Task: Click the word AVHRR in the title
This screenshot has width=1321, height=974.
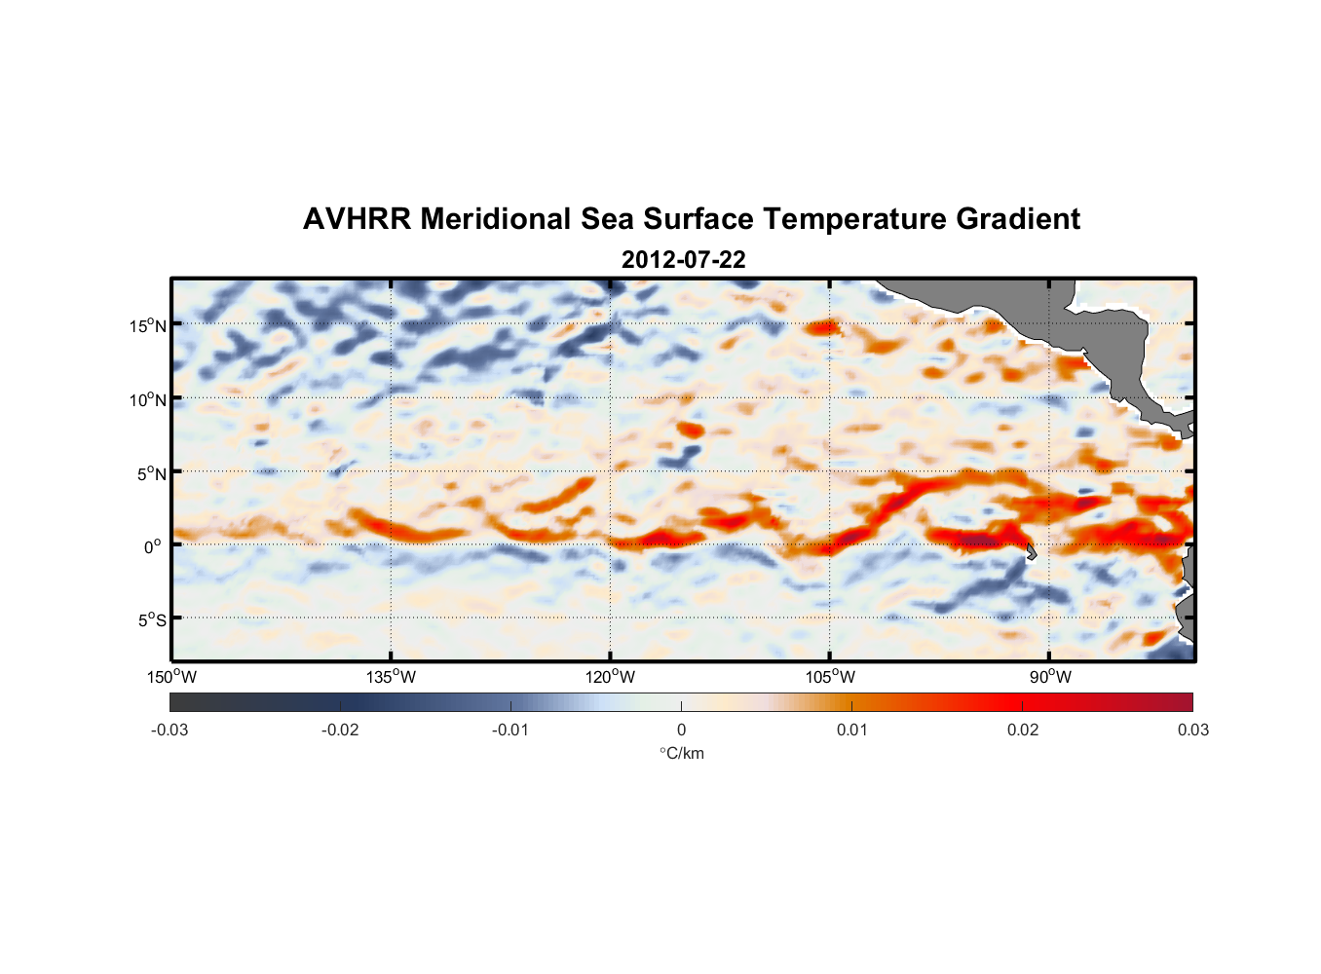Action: point(357,219)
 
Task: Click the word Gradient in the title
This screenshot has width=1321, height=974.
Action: point(1018,219)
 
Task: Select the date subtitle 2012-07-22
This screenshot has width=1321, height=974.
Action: point(683,260)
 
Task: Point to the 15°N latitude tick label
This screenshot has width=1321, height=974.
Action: point(148,325)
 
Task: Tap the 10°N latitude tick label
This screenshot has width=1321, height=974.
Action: point(148,399)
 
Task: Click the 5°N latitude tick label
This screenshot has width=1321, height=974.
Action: point(152,473)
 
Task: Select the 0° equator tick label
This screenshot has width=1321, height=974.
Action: point(152,546)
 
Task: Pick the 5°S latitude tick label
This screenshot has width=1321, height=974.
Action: point(152,619)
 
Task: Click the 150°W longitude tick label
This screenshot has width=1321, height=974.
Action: point(172,677)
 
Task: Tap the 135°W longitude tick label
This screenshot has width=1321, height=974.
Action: point(392,677)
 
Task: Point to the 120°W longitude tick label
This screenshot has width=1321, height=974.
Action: point(611,677)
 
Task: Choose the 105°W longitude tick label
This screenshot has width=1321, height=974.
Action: point(830,677)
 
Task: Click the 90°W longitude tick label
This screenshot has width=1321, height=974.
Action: point(1049,677)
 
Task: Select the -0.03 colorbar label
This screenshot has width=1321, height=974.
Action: point(170,730)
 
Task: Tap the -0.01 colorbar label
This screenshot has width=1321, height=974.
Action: point(510,730)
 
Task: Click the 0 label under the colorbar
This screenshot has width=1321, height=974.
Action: point(681,730)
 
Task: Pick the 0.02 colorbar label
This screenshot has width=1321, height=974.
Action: point(1023,730)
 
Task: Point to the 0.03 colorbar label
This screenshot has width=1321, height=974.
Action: point(1192,730)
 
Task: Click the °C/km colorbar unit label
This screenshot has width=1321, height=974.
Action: point(681,753)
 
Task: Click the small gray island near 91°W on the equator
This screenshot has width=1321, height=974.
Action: point(1031,552)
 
